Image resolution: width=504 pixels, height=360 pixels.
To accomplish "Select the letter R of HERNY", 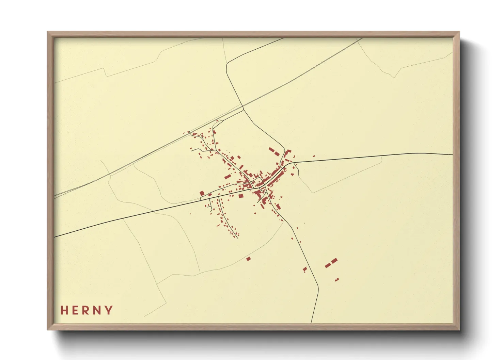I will (x=88, y=310).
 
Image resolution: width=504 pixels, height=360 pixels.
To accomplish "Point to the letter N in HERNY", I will (x=98, y=310).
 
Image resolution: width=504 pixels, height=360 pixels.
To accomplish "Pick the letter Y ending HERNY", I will (x=109, y=310).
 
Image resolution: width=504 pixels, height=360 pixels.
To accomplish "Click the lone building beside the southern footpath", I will (x=248, y=259).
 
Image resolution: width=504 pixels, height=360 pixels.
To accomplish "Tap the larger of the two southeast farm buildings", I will (x=334, y=261).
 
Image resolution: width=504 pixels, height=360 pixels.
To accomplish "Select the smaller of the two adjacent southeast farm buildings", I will (x=328, y=265).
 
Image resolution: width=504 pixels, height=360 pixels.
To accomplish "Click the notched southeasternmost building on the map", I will (x=337, y=279).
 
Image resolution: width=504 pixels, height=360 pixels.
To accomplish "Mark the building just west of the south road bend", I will (x=305, y=269).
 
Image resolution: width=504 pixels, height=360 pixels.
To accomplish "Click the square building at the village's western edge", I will (x=202, y=193).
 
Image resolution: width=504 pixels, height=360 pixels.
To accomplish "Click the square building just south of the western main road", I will (x=241, y=196).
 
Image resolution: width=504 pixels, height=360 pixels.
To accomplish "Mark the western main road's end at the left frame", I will (x=55, y=236).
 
